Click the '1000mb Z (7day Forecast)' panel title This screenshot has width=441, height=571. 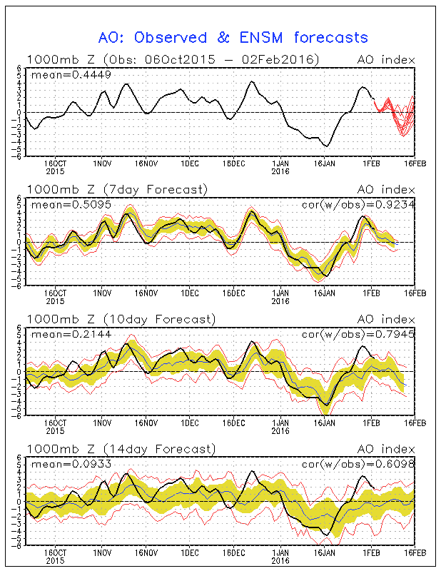tap(117, 189)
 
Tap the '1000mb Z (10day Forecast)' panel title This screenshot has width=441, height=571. tap(120, 319)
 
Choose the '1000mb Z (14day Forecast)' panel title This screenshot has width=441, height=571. tap(120, 449)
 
